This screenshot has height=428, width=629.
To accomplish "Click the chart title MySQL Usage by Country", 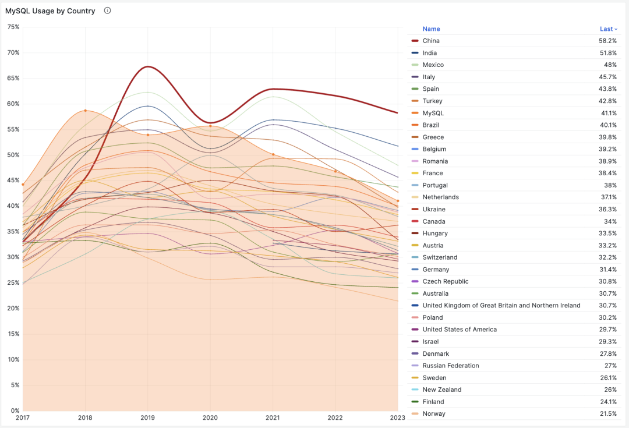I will tap(50, 11).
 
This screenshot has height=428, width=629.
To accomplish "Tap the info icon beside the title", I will tap(107, 10).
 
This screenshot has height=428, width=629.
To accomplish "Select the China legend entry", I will tap(431, 41).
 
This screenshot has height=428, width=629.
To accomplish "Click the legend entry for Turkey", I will tap(432, 101).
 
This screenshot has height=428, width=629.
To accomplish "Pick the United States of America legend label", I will tap(460, 330).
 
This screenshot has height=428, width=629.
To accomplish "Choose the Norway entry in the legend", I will tap(434, 414).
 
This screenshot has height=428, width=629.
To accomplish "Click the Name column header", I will tap(431, 29).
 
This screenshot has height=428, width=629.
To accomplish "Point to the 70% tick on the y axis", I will tap(13, 52).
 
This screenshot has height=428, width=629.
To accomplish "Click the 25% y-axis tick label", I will tap(13, 283).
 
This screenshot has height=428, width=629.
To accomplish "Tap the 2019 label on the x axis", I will tap(147, 418).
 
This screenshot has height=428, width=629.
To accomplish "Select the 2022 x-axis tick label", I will tap(335, 418).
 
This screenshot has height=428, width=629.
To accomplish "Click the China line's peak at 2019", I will tap(147, 66).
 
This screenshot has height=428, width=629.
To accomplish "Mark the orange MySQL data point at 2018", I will tap(85, 111).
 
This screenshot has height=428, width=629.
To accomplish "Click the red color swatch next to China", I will tap(415, 41).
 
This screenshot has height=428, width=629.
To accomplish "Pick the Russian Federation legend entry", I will tap(451, 366).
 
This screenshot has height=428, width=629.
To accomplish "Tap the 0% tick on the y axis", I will tap(15, 411).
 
